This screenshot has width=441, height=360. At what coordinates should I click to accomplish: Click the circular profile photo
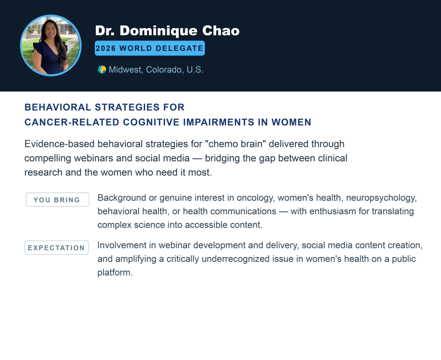pos(51,45)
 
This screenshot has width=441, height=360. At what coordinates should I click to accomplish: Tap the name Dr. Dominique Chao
pos(167,31)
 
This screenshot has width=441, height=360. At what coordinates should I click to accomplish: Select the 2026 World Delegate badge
pos(149,48)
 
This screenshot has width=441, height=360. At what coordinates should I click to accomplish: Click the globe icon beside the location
pos(102,70)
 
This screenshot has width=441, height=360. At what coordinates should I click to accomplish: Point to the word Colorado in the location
pos(164,70)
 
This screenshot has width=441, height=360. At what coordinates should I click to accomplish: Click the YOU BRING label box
pos(57,200)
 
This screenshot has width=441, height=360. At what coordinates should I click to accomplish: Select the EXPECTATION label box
pos(56,247)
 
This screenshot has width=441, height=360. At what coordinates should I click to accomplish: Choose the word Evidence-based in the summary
pos(56,144)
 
